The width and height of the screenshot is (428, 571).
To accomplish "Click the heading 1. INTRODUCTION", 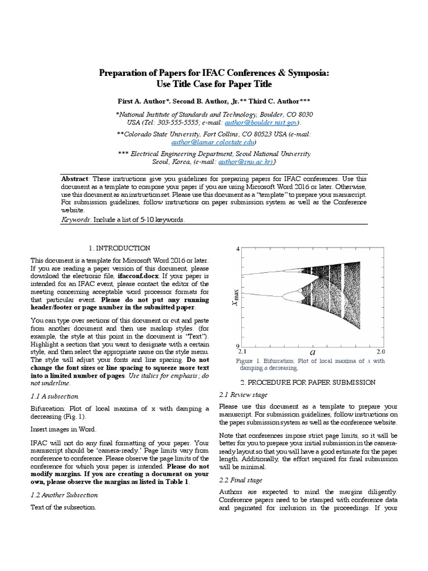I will (x=119, y=248).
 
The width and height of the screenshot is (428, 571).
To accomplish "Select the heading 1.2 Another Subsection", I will (x=64, y=495).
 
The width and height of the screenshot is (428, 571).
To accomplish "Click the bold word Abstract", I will (x=75, y=179).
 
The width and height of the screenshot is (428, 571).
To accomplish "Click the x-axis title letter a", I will (x=312, y=352).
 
